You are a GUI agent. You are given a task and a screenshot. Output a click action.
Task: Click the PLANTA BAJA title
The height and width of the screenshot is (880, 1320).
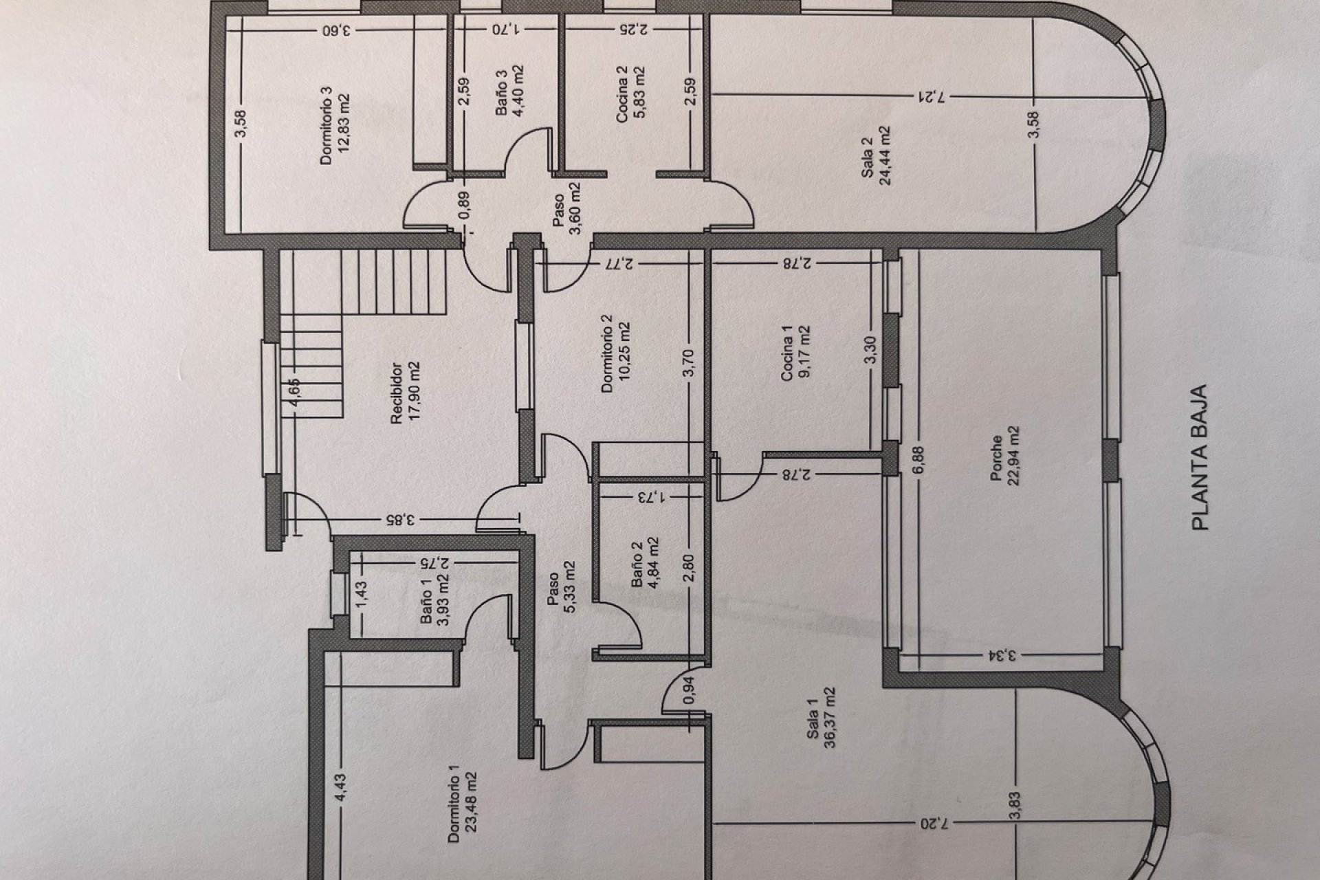click(x=1200, y=456)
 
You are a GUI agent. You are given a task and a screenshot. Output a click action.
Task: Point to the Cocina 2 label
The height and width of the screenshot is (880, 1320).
click(x=622, y=94)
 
